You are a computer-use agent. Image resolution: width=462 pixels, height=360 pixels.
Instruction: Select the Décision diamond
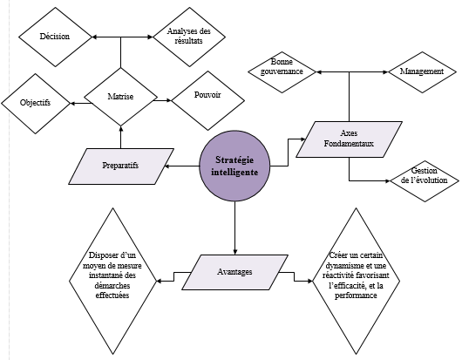click(x=55, y=37)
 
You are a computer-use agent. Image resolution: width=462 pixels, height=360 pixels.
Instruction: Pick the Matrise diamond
click(x=120, y=97)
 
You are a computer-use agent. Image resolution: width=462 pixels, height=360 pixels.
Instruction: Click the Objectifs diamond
click(x=36, y=103)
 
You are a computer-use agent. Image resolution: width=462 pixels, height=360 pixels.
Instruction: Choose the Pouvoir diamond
click(x=208, y=98)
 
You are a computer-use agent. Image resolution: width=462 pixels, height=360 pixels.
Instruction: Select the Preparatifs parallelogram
click(x=122, y=165)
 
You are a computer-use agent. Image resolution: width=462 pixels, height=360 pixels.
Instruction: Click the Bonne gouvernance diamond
click(x=281, y=70)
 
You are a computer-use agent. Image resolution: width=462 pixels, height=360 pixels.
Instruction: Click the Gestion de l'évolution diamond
click(x=425, y=180)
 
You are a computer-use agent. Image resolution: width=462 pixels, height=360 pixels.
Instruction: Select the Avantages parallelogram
click(x=234, y=272)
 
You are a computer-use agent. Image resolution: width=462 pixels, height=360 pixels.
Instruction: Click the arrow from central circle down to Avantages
click(x=234, y=222)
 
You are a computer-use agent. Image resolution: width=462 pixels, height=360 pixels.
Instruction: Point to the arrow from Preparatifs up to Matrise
click(x=120, y=135)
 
